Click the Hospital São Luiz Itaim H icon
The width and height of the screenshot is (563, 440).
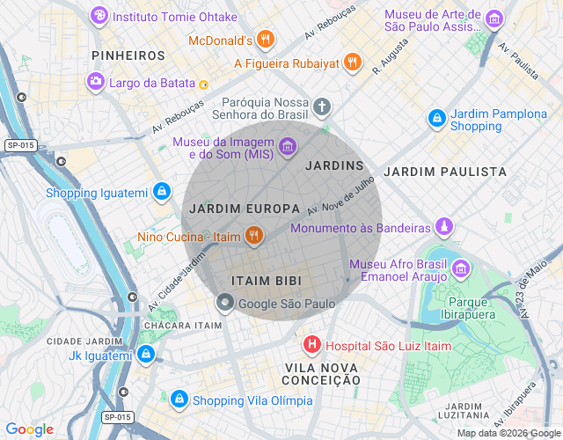(311, 345)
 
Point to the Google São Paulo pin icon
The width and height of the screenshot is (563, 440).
(225, 304)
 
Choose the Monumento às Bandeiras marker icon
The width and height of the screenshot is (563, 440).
(445, 227)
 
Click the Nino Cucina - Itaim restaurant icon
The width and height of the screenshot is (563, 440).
(253, 235)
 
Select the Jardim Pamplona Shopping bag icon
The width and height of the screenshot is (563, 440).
(436, 117)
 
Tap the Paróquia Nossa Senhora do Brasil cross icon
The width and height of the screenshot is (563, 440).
(322, 108)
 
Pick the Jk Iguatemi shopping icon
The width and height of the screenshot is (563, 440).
(146, 355)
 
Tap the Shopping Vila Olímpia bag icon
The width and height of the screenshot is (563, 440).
(179, 400)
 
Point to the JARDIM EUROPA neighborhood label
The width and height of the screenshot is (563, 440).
(232, 209)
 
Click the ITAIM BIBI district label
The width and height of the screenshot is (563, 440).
(266, 281)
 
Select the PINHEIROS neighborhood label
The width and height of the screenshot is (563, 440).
(128, 55)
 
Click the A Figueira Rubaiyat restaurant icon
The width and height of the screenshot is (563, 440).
(352, 62)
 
